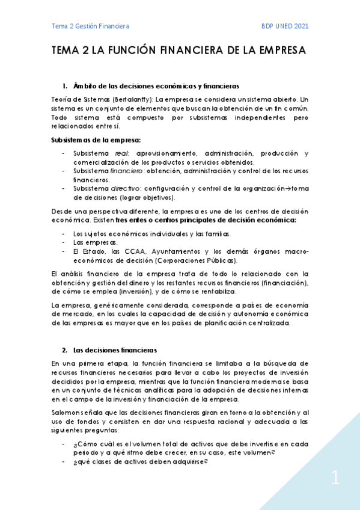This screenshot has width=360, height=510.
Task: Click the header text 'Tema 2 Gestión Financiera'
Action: tap(90, 26)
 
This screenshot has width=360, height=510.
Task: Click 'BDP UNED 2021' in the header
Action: tap(284, 26)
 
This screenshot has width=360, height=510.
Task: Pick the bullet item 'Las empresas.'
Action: tap(95, 243)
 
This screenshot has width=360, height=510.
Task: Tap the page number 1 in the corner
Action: tap(335, 479)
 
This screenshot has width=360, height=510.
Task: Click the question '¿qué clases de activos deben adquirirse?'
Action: tap(141, 461)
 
